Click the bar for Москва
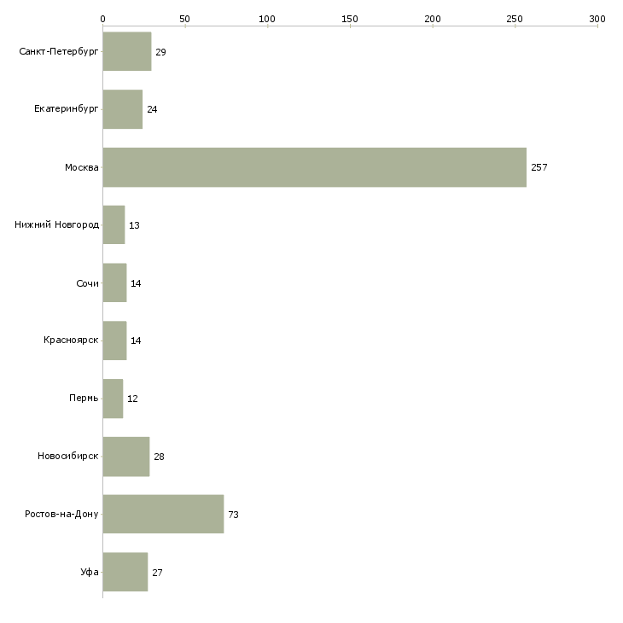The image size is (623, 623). coord(315,167)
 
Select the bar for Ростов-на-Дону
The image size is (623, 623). coord(163,514)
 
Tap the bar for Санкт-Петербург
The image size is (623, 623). coord(127,51)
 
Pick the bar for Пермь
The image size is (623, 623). coord(113,399)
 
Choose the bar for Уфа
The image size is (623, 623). coord(125,572)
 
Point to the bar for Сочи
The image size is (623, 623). coord(115,282)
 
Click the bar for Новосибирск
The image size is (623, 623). coord(126,457)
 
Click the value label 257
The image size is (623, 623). coord(539,167)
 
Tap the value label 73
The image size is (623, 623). coord(233,515)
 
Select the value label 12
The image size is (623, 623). coord(132,399)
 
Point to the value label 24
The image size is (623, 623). coord(152,109)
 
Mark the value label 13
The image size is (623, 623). coord(134,225)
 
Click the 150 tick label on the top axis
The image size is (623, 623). coord(350,19)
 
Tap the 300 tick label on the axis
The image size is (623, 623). coord(597,19)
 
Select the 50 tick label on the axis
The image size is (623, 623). coord(184,19)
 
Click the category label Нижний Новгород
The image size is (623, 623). coord(57,225)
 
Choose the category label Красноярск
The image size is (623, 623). coord(71,341)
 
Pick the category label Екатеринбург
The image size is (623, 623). coord(66,109)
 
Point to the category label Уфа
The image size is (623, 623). coord(90,572)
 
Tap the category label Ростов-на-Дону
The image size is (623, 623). coord(61,514)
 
